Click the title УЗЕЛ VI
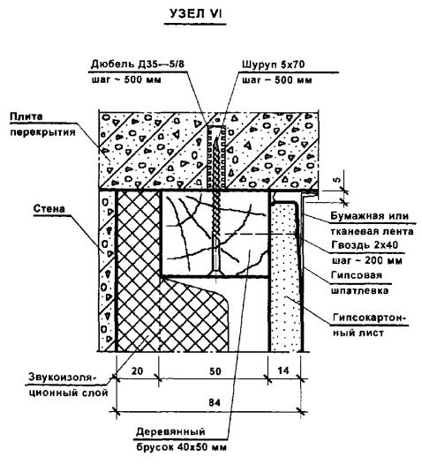(195, 13)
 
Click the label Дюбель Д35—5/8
(138, 64)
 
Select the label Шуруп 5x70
(274, 64)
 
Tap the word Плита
(26, 116)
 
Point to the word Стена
(49, 208)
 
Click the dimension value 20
(137, 370)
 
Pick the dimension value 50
(215, 371)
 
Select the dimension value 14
(283, 370)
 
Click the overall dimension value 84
(215, 403)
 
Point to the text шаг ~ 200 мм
(366, 261)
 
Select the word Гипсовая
(357, 275)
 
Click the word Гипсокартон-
(369, 318)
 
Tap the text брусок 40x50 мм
(182, 446)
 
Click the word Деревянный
(171, 431)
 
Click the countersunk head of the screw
(216, 272)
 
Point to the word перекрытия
(43, 132)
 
